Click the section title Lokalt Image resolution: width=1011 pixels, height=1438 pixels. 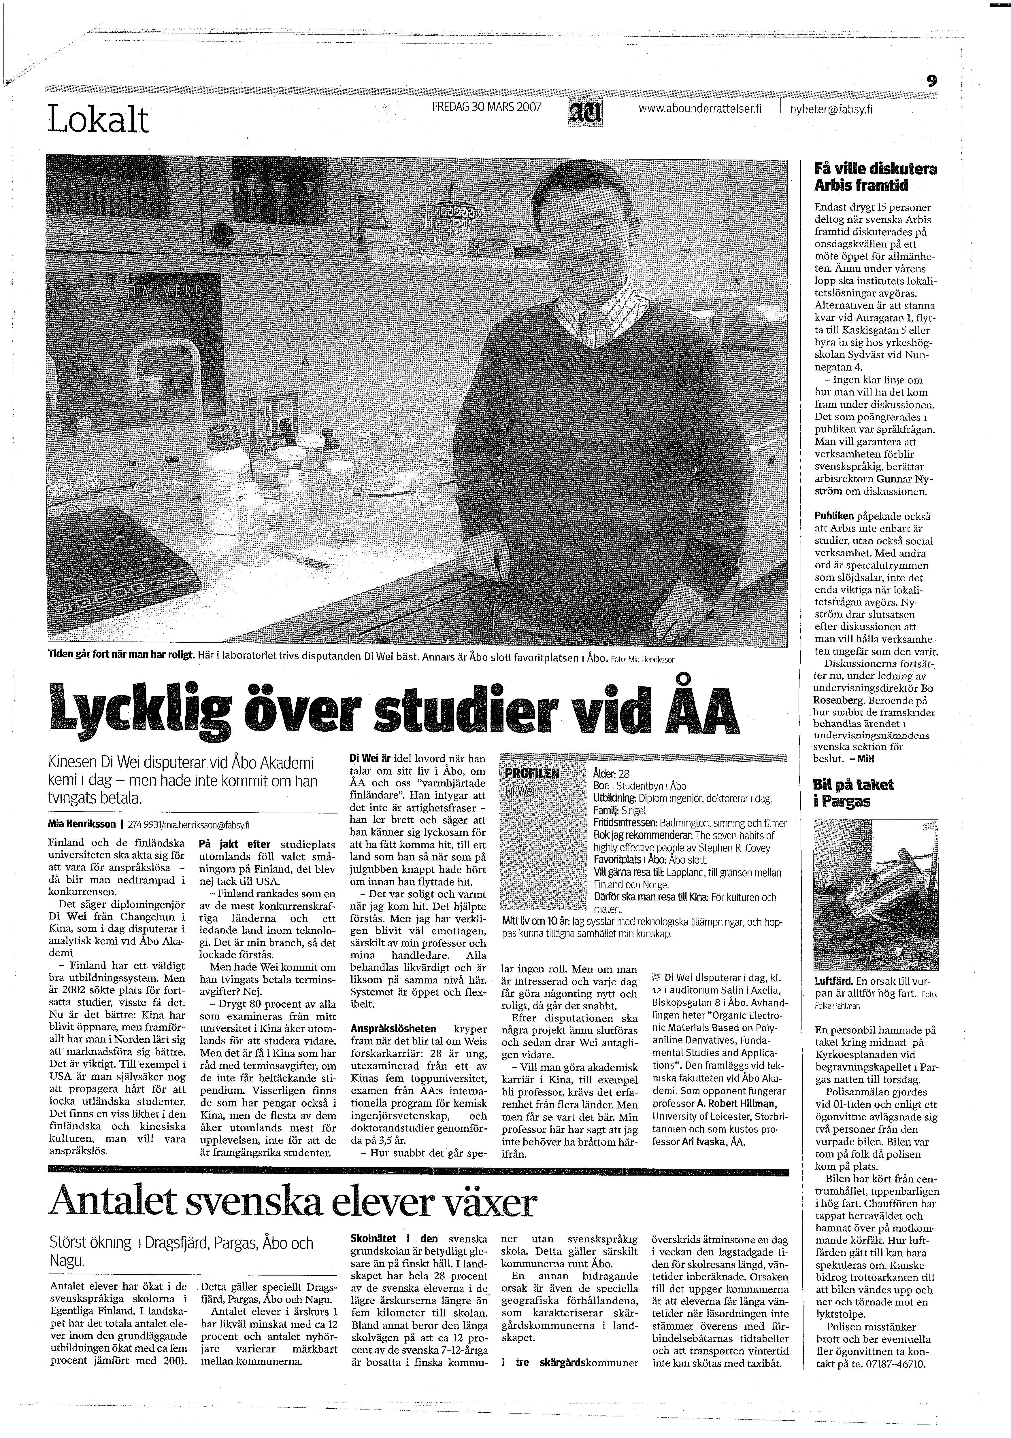point(98,120)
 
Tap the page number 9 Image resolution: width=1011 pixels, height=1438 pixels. point(932,80)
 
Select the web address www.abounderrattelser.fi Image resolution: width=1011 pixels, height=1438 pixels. point(699,108)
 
